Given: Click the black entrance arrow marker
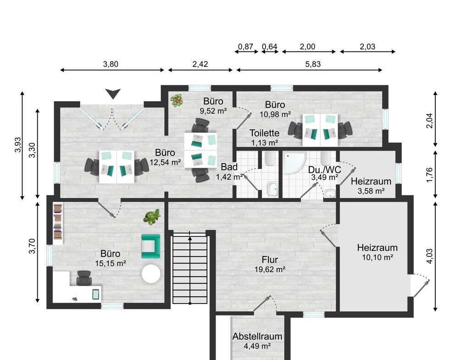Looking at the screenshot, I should pos(113,94).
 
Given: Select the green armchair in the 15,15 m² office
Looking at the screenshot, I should pos(150,246).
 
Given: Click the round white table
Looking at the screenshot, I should pos(151,274).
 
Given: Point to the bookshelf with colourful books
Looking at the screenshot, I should pos(57,222).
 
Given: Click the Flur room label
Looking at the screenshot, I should pos(270,260).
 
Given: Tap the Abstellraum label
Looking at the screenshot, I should pos(257,336).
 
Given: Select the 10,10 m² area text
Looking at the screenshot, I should pos(377,257).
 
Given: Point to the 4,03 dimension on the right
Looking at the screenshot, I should pos(429,255).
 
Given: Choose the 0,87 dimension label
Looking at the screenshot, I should pos(246,46).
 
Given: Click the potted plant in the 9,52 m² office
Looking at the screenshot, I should pos(176,100).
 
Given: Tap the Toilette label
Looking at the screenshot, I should pos(264,133).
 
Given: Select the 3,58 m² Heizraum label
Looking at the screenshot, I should pos(371,190).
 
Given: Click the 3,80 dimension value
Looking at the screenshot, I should pos(111,64).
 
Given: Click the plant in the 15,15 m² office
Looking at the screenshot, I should pos(151,216).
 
